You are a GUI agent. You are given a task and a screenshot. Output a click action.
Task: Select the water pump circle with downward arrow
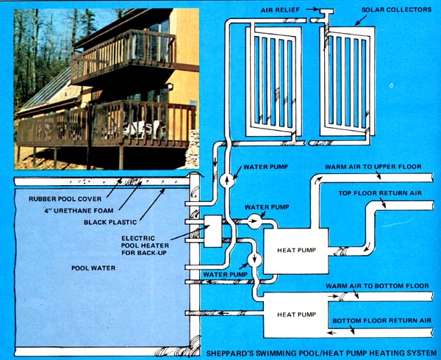coord(254,259)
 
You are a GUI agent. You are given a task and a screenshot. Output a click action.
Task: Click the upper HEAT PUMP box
coord(297,249)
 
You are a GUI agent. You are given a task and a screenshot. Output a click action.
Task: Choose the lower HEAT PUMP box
coord(296,314)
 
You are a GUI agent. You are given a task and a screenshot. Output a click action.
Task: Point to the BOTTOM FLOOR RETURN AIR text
coord(382,320)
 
